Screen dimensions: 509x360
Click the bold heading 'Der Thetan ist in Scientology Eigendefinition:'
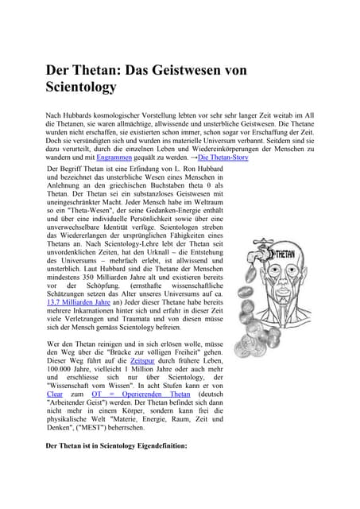pos(117,446)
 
